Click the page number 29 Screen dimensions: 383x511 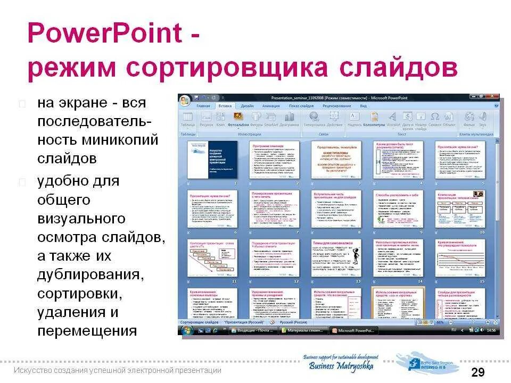(477, 372)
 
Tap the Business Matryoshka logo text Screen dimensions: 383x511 (341, 366)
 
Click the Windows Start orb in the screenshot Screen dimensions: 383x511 (187, 331)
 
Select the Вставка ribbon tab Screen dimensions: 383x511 (225, 106)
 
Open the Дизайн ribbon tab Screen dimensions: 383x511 (247, 106)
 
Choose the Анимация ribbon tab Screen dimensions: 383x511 (270, 106)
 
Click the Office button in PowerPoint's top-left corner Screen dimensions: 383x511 (185, 100)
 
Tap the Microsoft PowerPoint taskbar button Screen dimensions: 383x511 (356, 331)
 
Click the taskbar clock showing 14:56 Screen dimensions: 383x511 (492, 331)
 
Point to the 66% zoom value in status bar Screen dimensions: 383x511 (440, 322)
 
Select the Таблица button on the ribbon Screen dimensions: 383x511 (187, 119)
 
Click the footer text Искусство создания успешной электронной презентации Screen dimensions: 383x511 (118, 371)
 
